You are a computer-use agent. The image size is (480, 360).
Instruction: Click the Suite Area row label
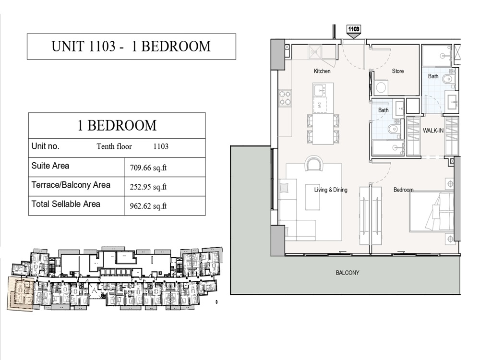(x=50, y=166)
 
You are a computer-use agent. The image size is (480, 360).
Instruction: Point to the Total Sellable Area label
(x=66, y=204)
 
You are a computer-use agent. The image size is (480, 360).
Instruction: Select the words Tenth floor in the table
(x=114, y=147)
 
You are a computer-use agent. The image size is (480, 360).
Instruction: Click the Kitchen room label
(x=322, y=71)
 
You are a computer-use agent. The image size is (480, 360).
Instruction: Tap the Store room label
(x=398, y=71)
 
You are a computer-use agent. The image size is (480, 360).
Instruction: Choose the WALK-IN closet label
(x=433, y=131)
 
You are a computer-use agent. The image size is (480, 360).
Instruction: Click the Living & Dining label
(x=331, y=190)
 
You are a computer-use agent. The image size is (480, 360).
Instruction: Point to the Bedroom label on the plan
(x=403, y=190)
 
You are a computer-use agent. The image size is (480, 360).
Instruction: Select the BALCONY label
(x=347, y=273)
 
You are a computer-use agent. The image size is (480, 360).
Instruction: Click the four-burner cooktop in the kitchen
(x=285, y=98)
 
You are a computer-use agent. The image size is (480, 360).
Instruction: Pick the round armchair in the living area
(x=314, y=164)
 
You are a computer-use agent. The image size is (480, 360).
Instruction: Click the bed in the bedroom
(x=432, y=211)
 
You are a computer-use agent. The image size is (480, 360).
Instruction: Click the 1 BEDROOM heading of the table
(x=117, y=126)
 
